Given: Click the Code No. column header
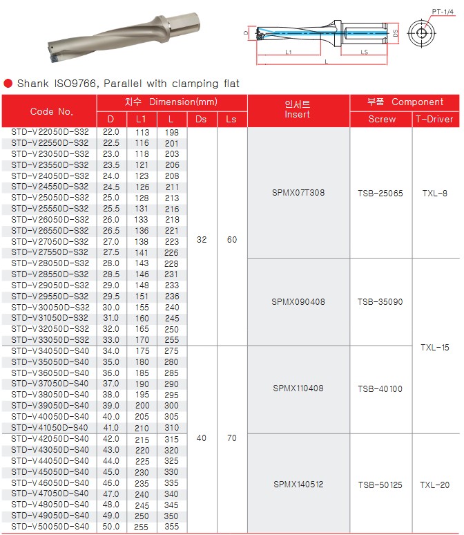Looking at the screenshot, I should pos(51,111).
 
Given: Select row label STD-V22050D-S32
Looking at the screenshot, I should pos(50,131).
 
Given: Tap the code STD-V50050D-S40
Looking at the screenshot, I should pos(50,527).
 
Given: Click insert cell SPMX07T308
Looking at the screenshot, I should pos(298,193).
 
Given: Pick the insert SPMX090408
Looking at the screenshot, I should pos(298,302).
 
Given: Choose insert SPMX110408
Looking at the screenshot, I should pos(298,389).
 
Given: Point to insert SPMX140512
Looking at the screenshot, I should pos(298,485).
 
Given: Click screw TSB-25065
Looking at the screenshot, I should pos(381,193).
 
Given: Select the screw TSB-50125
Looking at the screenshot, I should pos(381,485).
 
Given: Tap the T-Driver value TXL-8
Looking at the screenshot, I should pos(435,193).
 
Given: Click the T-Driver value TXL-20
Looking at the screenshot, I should pos(435,485).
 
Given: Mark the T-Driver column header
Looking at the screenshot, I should pos(435,119).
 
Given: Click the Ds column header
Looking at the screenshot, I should pos(201,119).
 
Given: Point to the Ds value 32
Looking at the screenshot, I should pos(201,240).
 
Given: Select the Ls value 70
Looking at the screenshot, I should pos(231,438).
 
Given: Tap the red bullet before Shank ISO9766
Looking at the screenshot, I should pos(8,84).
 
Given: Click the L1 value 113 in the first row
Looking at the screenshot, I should pos(142,131).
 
